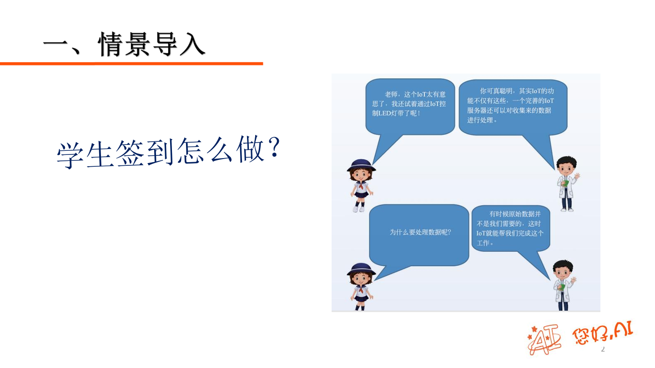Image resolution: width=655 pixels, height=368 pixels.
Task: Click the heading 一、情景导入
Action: coord(124,44)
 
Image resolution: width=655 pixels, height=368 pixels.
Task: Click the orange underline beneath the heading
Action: coord(131,64)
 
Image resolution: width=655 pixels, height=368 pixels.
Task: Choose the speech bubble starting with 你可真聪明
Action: coord(513,107)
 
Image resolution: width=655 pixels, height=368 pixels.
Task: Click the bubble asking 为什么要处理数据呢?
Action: coord(419,234)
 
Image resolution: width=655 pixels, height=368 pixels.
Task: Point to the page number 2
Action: coord(603,349)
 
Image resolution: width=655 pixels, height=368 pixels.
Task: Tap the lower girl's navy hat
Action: coord(361,269)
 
